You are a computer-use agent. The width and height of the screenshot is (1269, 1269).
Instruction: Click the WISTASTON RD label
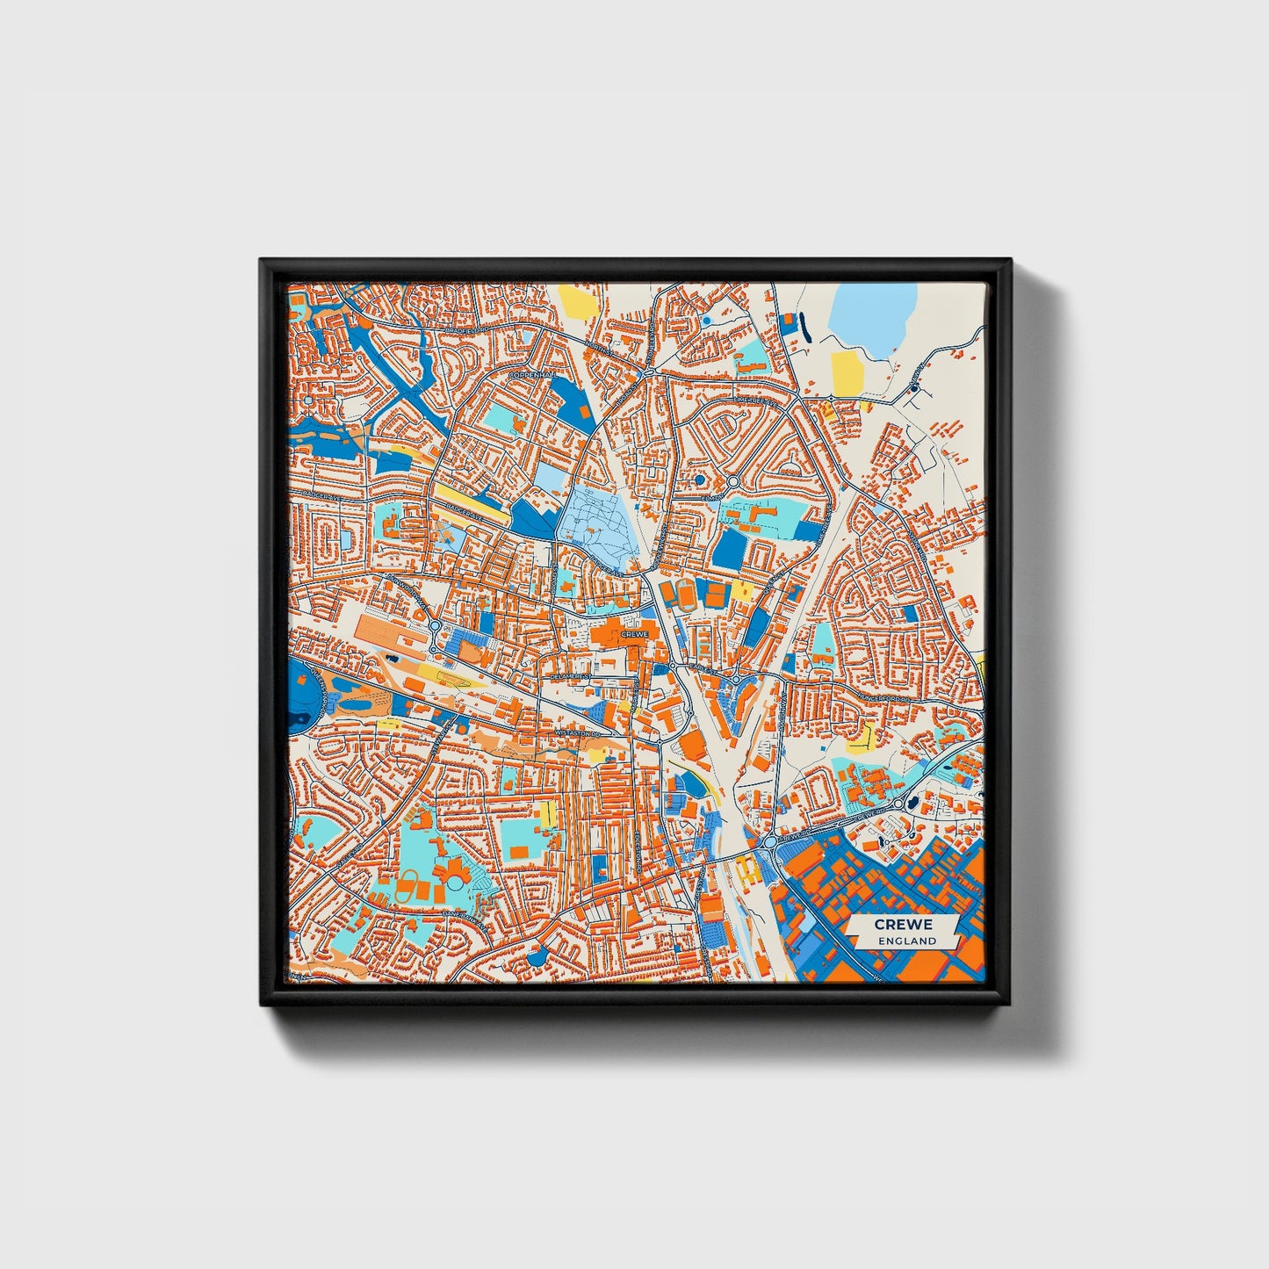[577, 732]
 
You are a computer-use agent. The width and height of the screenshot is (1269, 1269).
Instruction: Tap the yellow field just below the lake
[847, 373]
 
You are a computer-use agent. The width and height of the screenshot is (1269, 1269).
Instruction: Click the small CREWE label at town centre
[633, 633]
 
